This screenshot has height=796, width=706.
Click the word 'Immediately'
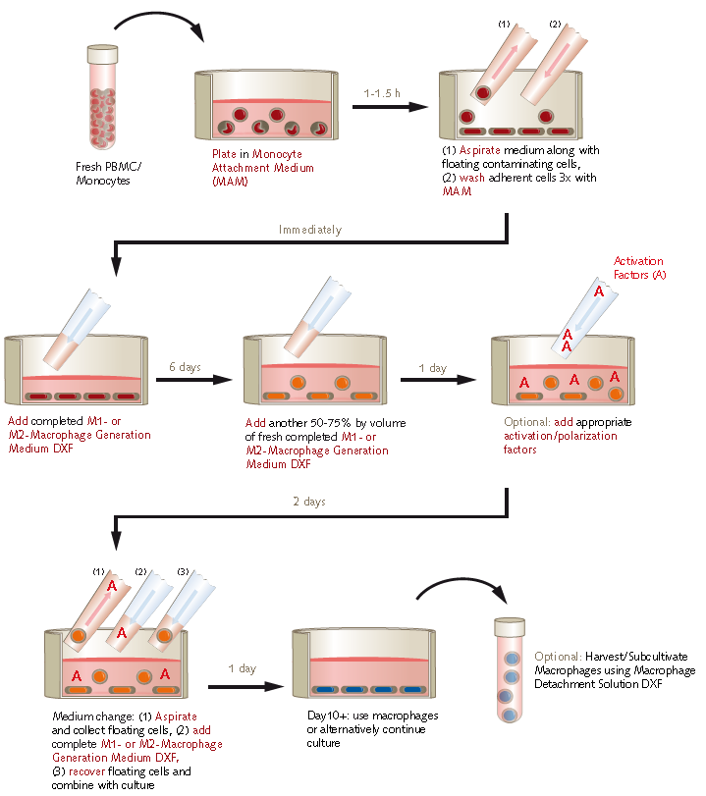(x=309, y=230)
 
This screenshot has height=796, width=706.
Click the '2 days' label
(x=309, y=502)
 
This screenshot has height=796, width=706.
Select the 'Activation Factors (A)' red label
(x=638, y=268)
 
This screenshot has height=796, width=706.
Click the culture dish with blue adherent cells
(x=363, y=667)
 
